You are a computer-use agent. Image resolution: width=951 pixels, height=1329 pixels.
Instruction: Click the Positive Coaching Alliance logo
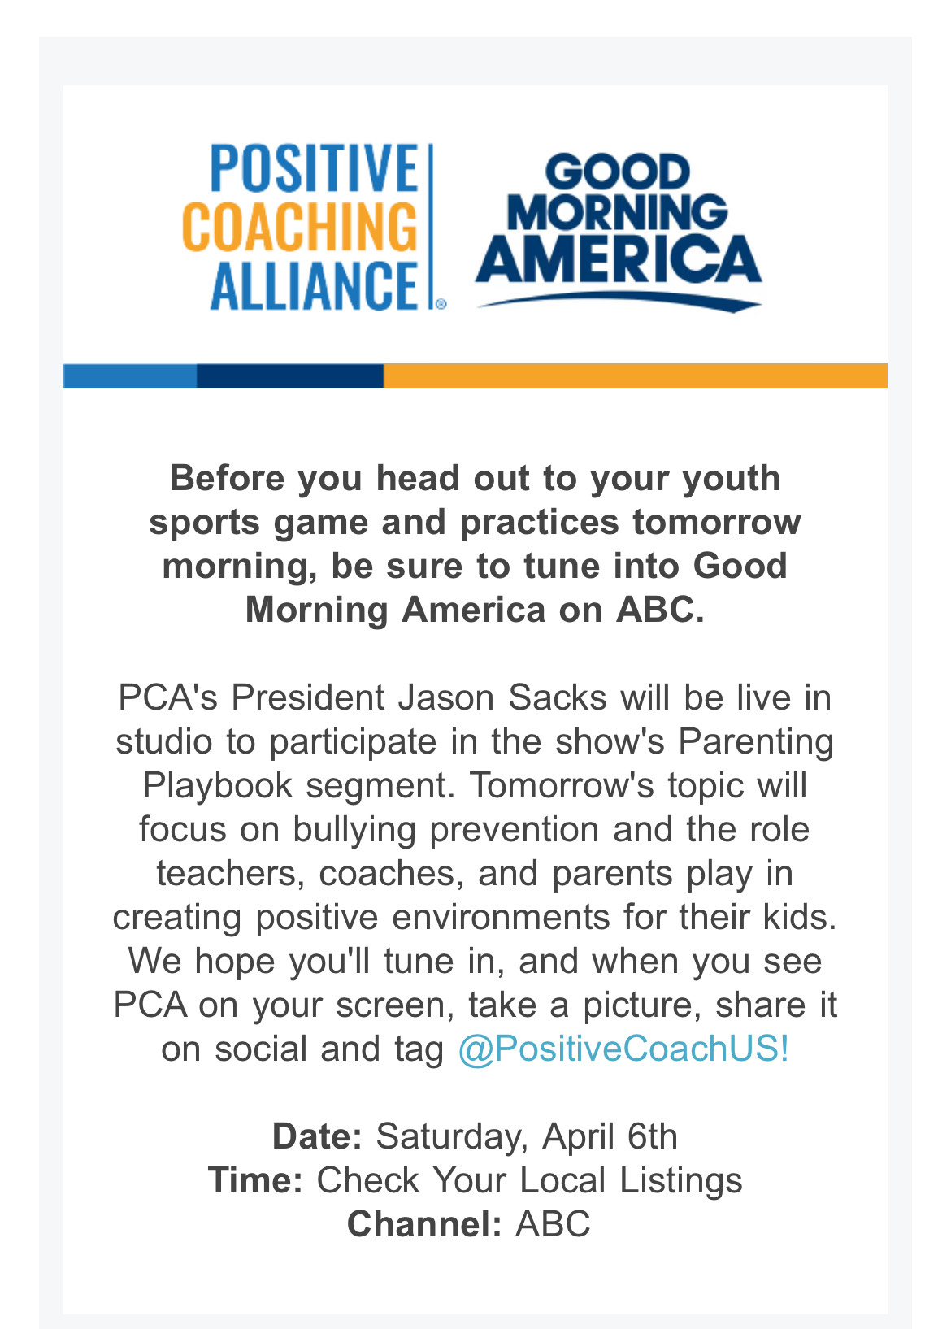click(x=315, y=227)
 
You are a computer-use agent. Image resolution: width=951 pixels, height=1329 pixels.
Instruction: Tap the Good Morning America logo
click(x=619, y=232)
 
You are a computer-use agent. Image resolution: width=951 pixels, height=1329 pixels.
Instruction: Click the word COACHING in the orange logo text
click(x=300, y=227)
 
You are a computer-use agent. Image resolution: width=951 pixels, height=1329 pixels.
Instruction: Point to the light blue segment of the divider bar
click(x=130, y=376)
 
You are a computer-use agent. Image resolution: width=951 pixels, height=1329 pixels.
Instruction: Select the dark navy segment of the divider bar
click(x=290, y=376)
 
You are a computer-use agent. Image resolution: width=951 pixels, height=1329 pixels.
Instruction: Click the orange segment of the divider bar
click(x=636, y=376)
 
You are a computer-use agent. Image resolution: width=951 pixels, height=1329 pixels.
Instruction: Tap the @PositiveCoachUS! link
click(x=623, y=1049)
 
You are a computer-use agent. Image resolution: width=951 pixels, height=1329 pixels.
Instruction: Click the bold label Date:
click(x=317, y=1137)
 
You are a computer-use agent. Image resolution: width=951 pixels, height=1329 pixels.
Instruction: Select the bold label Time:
click(x=255, y=1180)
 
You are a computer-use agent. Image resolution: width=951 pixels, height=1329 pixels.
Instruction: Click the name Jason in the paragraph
click(x=445, y=697)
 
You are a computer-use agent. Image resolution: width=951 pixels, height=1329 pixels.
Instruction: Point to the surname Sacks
click(x=557, y=697)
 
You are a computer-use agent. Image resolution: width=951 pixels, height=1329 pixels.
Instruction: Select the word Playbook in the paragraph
click(x=218, y=785)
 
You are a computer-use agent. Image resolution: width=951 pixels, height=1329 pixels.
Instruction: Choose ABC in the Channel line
click(x=553, y=1224)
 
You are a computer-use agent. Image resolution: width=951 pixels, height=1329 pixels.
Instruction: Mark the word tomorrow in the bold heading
click(x=717, y=523)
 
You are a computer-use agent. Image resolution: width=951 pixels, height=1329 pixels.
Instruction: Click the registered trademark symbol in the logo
click(x=441, y=304)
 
